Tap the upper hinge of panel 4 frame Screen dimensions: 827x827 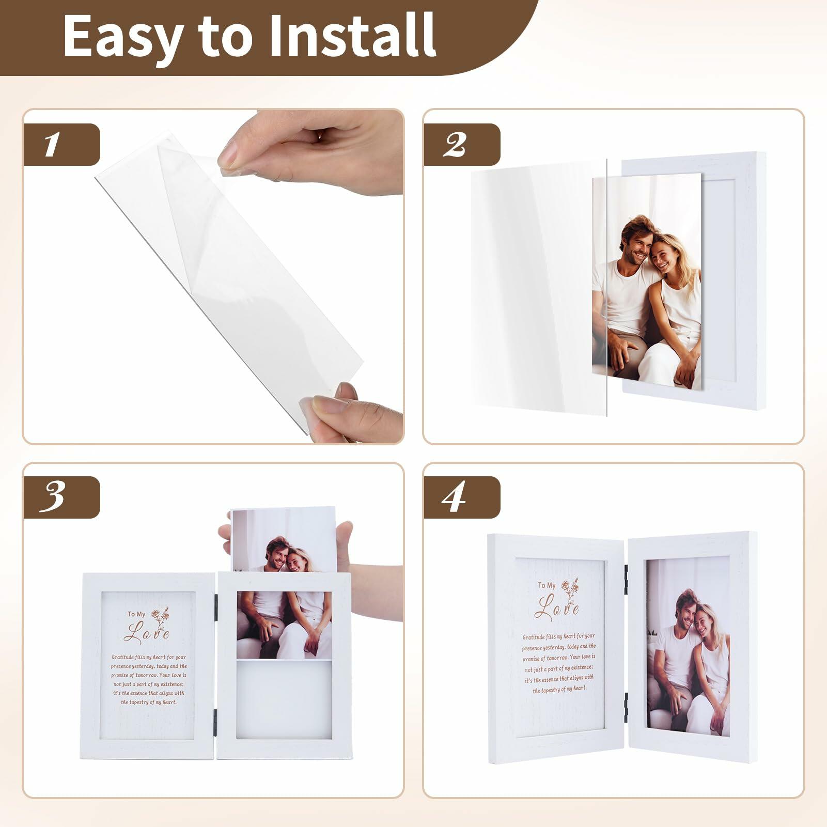(626, 573)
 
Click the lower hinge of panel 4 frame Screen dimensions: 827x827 (626, 701)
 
